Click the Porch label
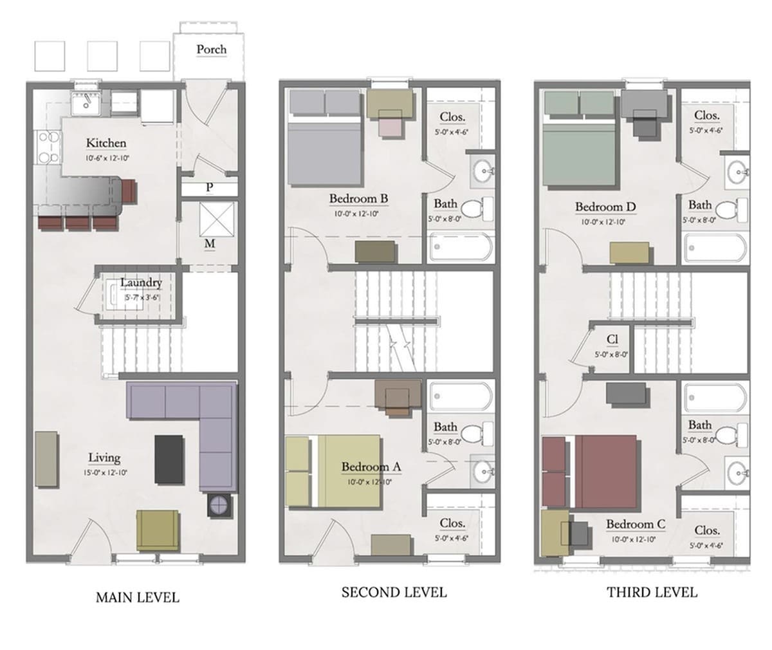[211, 50]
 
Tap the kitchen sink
[84, 102]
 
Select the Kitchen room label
[106, 143]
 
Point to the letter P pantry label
[210, 188]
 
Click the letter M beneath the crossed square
[210, 244]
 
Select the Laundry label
[141, 283]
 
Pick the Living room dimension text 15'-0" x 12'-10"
[104, 472]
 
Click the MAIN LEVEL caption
[137, 598]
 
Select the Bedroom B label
[358, 199]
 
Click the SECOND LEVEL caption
[394, 592]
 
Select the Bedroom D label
[605, 207]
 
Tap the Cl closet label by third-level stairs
[612, 339]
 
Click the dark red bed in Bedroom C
[605, 472]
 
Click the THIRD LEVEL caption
[652, 592]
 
